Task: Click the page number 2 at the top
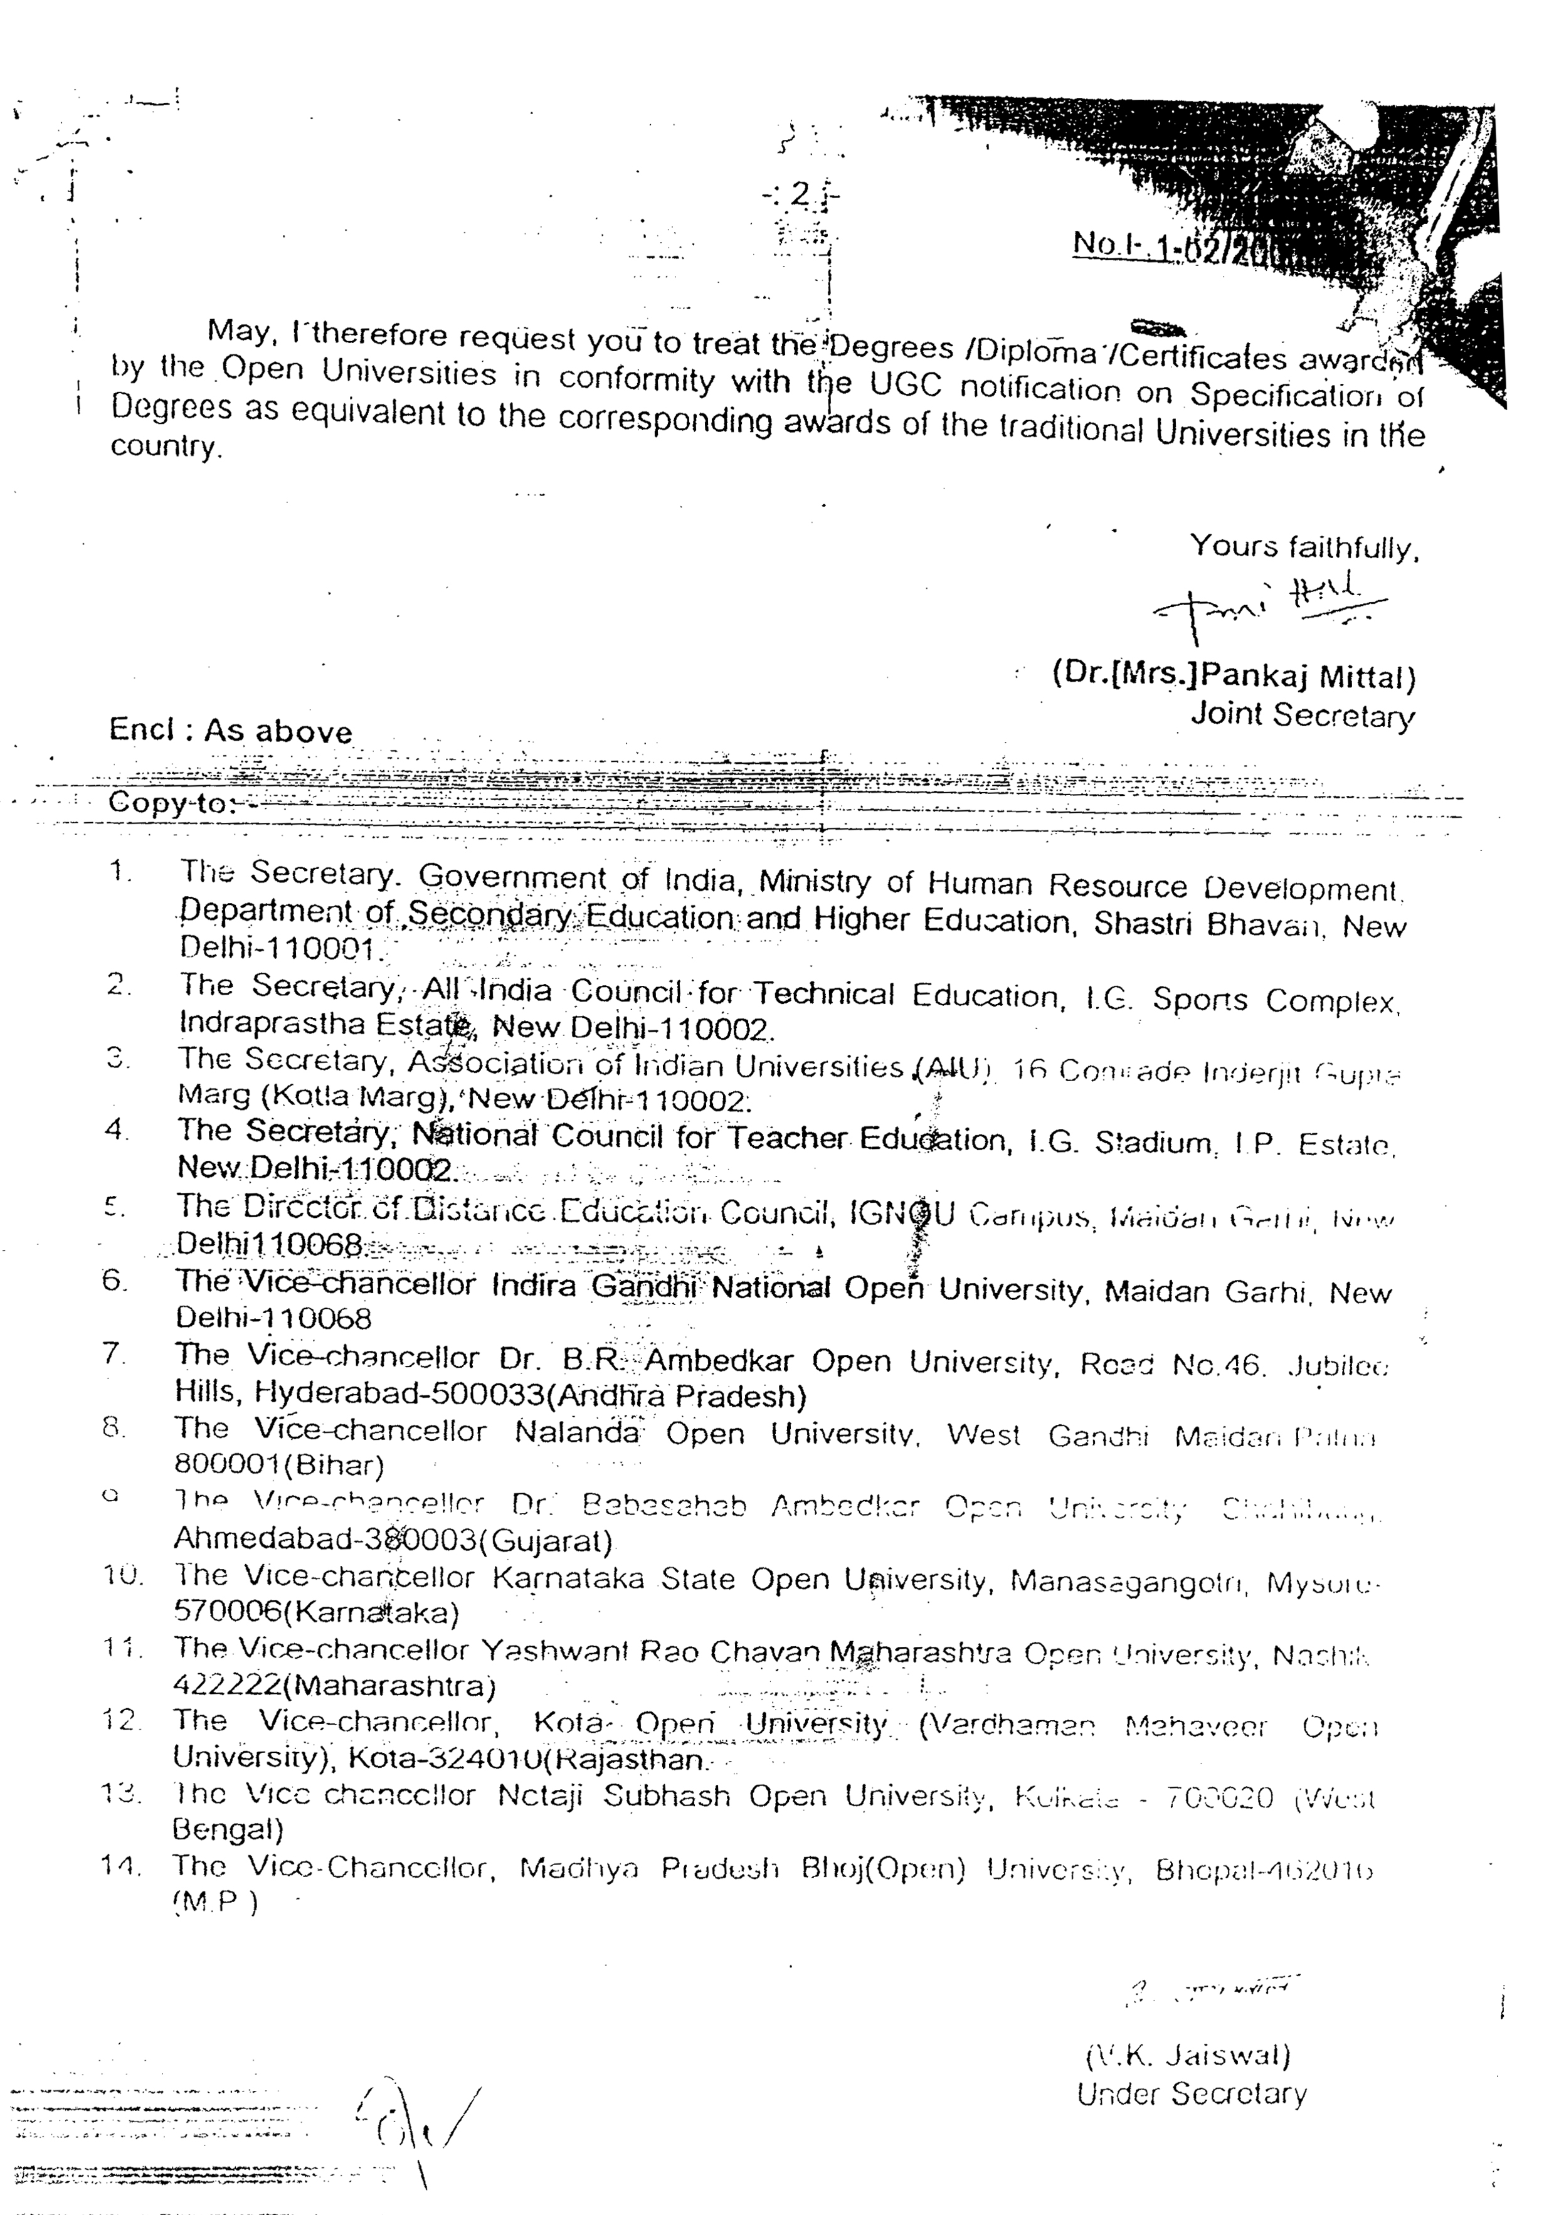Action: tap(800, 194)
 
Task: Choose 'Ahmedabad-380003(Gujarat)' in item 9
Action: tap(393, 1540)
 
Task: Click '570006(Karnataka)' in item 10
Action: tap(316, 1612)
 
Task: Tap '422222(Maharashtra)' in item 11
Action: tap(334, 1686)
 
